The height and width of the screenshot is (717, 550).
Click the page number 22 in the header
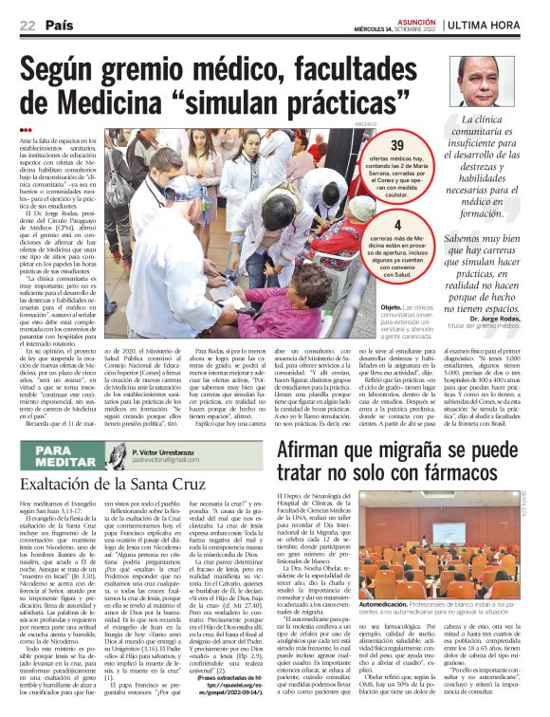tap(27, 26)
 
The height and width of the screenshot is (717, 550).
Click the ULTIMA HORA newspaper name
tap(493, 26)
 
